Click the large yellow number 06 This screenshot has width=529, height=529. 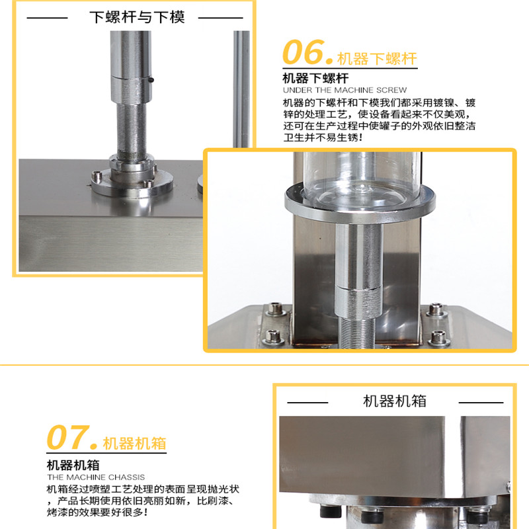click(304, 52)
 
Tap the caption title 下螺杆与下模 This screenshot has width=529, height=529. click(137, 17)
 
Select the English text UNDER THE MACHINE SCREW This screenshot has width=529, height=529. click(345, 90)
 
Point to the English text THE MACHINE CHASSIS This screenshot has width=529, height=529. click(96, 477)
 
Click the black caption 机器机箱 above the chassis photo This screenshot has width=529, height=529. click(395, 401)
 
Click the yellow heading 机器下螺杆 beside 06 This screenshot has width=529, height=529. click(377, 59)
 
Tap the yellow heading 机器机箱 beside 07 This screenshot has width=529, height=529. click(134, 443)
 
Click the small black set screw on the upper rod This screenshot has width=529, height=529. click(151, 80)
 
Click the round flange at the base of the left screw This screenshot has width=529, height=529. click(132, 183)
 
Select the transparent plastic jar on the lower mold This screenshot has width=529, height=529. click(362, 179)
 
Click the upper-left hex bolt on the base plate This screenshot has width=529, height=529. click(276, 308)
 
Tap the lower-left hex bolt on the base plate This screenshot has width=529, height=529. click(273, 337)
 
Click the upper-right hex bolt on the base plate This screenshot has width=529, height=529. click(436, 309)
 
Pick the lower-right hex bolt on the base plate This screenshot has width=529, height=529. click(438, 338)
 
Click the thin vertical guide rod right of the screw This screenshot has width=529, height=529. click(241, 89)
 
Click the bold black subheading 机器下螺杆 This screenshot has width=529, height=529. click(316, 78)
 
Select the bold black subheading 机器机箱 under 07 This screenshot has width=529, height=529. click(73, 465)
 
